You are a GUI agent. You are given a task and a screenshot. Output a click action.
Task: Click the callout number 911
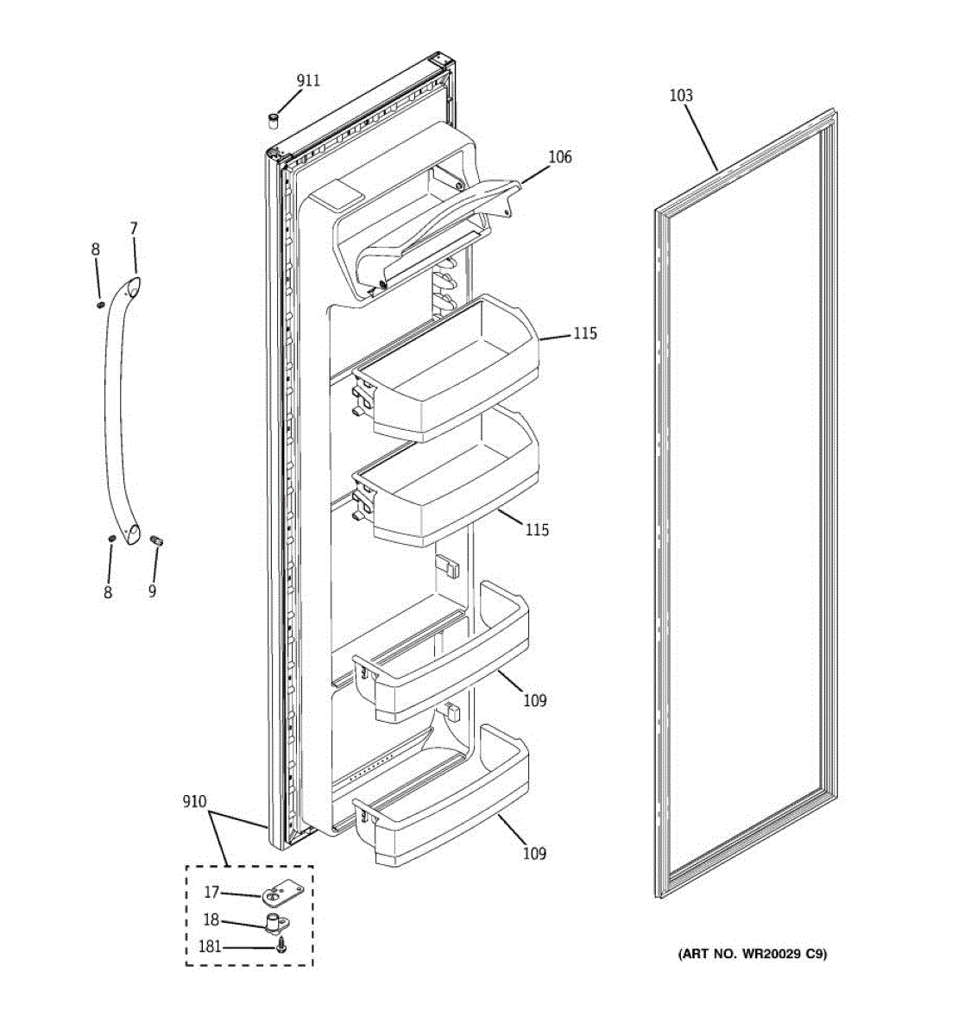(x=308, y=80)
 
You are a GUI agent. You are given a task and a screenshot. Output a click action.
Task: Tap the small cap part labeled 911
(x=273, y=119)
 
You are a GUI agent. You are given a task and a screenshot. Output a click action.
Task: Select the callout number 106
(x=560, y=156)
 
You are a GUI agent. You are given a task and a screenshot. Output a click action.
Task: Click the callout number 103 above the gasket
(x=681, y=95)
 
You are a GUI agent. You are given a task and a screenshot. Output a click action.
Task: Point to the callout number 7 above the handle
(x=133, y=229)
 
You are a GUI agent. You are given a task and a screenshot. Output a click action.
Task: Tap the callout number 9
(x=152, y=591)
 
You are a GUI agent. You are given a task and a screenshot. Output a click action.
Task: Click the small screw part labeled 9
(x=157, y=540)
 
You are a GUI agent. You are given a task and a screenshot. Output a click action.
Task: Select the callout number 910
(x=194, y=802)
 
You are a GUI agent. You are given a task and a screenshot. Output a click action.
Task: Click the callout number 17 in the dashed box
(x=211, y=893)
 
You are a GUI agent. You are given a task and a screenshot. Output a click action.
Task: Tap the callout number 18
(x=211, y=920)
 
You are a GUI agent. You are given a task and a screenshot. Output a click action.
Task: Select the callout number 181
(x=210, y=947)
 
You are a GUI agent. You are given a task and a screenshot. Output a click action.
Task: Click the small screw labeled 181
(x=281, y=948)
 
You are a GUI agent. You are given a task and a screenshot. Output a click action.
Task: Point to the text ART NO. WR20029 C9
(x=752, y=954)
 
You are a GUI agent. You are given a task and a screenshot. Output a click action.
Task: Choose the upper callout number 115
(x=584, y=333)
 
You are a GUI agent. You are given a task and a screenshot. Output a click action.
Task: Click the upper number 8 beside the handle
(x=96, y=250)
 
